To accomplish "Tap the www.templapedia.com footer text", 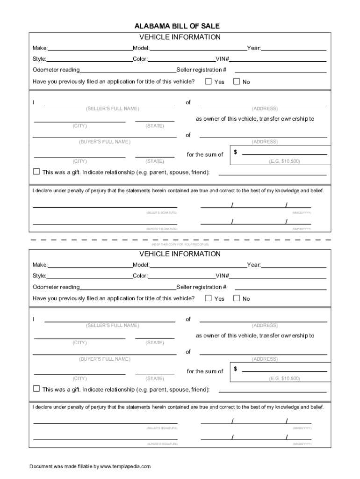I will coord(125,466).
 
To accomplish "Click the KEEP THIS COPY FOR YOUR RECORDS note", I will coord(180,245).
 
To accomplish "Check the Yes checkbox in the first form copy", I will coord(209,81).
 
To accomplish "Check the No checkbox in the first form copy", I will coord(237,81).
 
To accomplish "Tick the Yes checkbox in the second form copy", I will coord(209,298).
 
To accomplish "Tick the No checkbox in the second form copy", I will coord(237,298).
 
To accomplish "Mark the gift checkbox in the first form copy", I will coord(36,171).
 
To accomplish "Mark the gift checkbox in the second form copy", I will coord(36,388).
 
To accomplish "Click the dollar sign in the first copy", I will coord(236,152).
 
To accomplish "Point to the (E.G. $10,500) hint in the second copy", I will coord(284,378).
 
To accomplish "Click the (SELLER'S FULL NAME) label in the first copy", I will coord(112,109).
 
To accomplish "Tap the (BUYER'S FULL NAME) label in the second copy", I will coord(105,359).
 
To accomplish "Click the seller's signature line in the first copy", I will coord(105,206).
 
